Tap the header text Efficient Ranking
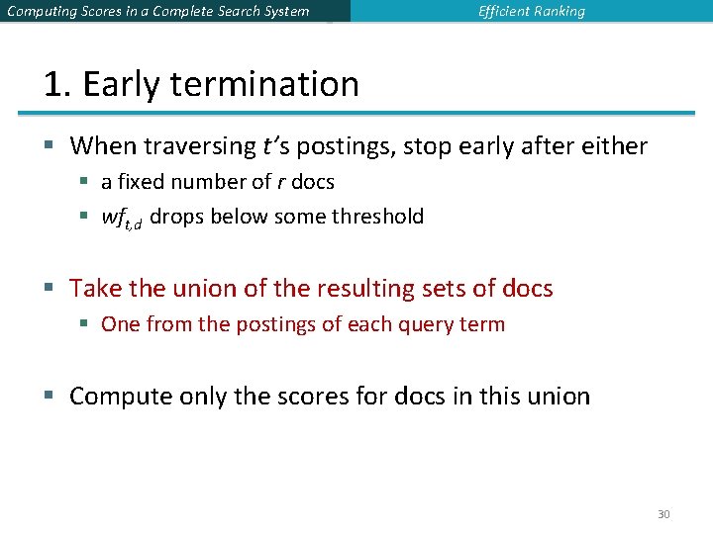(x=532, y=12)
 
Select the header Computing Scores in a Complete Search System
(x=157, y=12)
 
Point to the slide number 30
(x=663, y=514)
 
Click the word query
(x=428, y=324)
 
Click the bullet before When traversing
(x=50, y=147)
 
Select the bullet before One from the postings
(x=86, y=324)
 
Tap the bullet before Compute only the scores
(x=50, y=398)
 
